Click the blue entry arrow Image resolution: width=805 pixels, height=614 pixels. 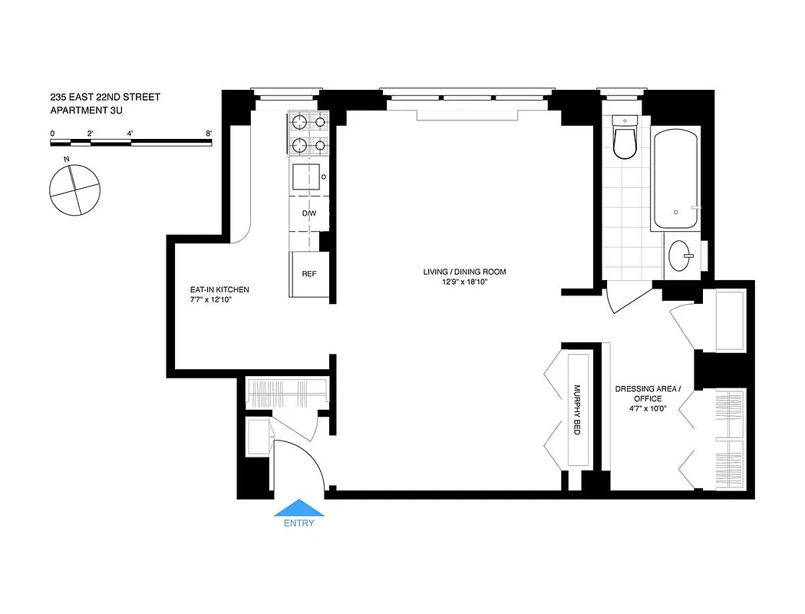coord(299,508)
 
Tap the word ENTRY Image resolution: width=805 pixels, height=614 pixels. coord(299,523)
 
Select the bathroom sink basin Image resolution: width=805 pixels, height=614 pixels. coord(680,256)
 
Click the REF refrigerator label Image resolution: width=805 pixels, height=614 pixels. coord(309,274)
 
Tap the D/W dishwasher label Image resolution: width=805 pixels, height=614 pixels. coord(309,213)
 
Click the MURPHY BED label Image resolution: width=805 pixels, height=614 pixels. coord(576,410)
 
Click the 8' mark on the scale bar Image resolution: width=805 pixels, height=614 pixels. coord(209,134)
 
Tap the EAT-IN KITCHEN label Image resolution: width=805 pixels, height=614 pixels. coord(219,289)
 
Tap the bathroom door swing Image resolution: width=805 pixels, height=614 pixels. coord(618,299)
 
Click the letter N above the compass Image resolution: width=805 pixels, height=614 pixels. coord(68,159)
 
